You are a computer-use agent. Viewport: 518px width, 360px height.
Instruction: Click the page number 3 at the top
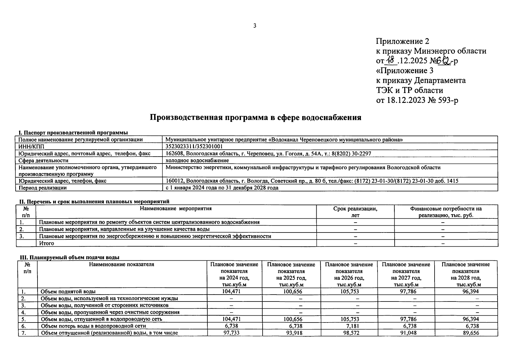pyautogui.click(x=255, y=26)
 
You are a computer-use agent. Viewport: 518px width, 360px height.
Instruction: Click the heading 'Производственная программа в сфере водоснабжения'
pyautogui.click(x=255, y=118)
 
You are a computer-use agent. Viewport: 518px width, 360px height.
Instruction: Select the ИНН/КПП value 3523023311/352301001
pyautogui.click(x=194, y=146)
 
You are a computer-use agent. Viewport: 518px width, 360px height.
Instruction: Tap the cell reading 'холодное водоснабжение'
pyautogui.click(x=197, y=160)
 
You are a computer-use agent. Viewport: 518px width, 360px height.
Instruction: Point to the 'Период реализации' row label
pyautogui.click(x=43, y=188)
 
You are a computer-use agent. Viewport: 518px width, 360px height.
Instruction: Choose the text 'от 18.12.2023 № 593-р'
pyautogui.click(x=417, y=100)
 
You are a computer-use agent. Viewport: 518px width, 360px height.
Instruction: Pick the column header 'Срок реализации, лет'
pyautogui.click(x=355, y=212)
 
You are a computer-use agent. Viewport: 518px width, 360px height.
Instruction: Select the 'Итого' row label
pyautogui.click(x=47, y=243)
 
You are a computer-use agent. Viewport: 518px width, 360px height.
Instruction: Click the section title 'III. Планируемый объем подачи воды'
pyautogui.click(x=69, y=257)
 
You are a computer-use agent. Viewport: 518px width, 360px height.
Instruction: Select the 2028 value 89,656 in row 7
pyautogui.click(x=471, y=333)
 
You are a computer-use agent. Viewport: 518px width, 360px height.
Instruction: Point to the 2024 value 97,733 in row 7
pyautogui.click(x=232, y=333)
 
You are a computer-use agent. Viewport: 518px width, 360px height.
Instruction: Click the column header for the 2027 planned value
pyautogui.click(x=406, y=274)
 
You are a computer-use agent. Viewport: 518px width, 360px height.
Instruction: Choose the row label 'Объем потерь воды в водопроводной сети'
pyautogui.click(x=93, y=326)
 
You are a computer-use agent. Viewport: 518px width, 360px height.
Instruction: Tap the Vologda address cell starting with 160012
pyautogui.click(x=312, y=181)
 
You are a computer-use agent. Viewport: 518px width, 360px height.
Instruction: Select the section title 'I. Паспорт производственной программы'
pyautogui.click(x=73, y=133)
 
